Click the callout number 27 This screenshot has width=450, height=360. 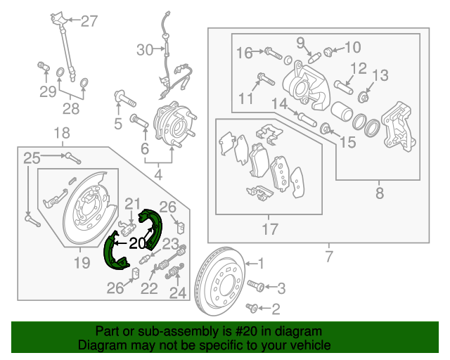[x=89, y=21]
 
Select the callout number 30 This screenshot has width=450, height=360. [x=144, y=50]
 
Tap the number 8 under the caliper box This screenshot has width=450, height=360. [x=380, y=192]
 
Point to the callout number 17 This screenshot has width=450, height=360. [x=270, y=229]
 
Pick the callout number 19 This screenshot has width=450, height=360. [x=82, y=263]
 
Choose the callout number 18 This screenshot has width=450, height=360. [x=63, y=133]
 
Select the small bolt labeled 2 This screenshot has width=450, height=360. [x=255, y=307]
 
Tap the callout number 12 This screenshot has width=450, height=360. [x=359, y=68]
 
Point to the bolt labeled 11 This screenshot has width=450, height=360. [x=261, y=78]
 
